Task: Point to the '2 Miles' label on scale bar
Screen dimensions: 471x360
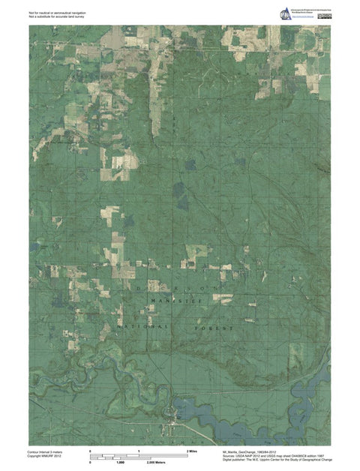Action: coord(192,450)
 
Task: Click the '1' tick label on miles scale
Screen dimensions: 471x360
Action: coord(139,450)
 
